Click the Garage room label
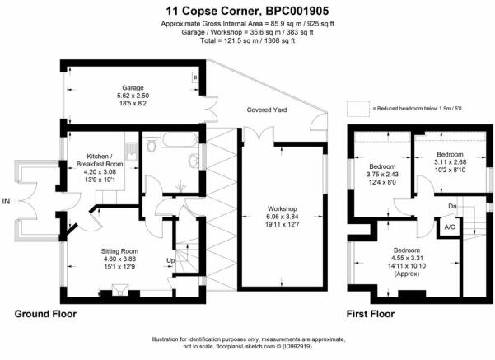(133, 88)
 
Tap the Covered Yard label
(267, 110)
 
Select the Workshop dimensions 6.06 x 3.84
(283, 217)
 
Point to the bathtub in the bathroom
(180, 140)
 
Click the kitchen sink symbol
(132, 152)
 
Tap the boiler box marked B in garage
(195, 77)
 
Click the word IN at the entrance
(6, 201)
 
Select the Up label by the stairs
(170, 260)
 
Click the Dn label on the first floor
(452, 206)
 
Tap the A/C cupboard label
(450, 227)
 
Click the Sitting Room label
(119, 251)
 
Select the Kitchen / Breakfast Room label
(100, 160)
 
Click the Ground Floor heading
(45, 314)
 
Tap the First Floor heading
(371, 314)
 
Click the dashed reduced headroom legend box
(358, 109)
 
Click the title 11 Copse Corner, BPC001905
(247, 11)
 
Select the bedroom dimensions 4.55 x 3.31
(407, 258)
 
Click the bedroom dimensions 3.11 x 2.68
(450, 162)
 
